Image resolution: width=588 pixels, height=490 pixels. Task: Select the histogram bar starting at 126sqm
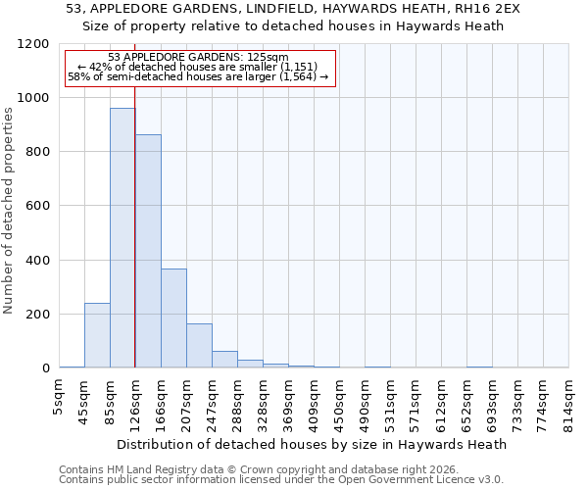point(148,251)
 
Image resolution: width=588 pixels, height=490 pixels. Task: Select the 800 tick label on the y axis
point(36,152)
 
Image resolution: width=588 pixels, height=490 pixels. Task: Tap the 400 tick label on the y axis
point(36,261)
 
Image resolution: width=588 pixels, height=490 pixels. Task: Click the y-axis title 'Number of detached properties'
point(9,211)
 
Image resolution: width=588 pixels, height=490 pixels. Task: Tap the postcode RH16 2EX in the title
point(486,8)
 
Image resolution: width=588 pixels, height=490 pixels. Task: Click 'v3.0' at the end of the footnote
point(489,479)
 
